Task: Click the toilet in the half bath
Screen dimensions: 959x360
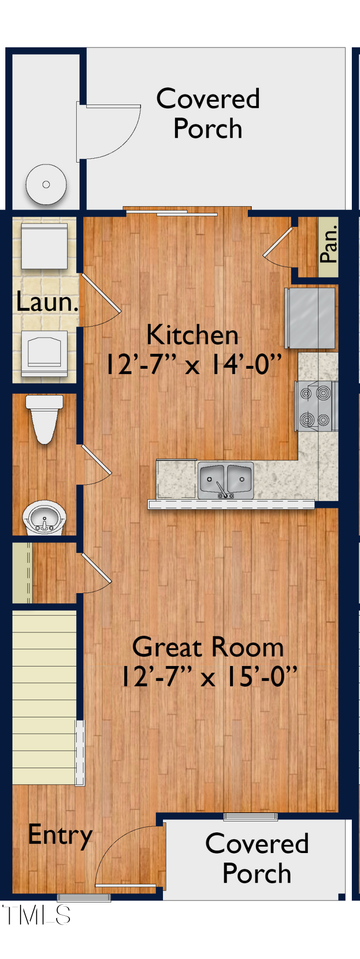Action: [44, 418]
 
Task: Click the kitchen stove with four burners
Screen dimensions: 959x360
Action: [316, 406]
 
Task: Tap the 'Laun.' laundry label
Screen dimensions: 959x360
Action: [46, 302]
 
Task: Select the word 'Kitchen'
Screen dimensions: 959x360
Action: [192, 335]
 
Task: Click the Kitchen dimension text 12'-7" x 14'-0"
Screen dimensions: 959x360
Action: [193, 364]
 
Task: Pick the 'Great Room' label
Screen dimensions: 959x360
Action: [208, 647]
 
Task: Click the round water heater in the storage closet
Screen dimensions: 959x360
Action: [46, 185]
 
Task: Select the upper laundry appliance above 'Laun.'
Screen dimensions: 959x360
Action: [44, 246]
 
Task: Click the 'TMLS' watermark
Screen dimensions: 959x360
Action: [36, 915]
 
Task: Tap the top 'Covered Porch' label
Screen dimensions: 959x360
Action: [208, 114]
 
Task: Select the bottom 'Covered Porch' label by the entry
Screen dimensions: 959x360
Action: [257, 858]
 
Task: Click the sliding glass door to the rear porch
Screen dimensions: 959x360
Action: [187, 212]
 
